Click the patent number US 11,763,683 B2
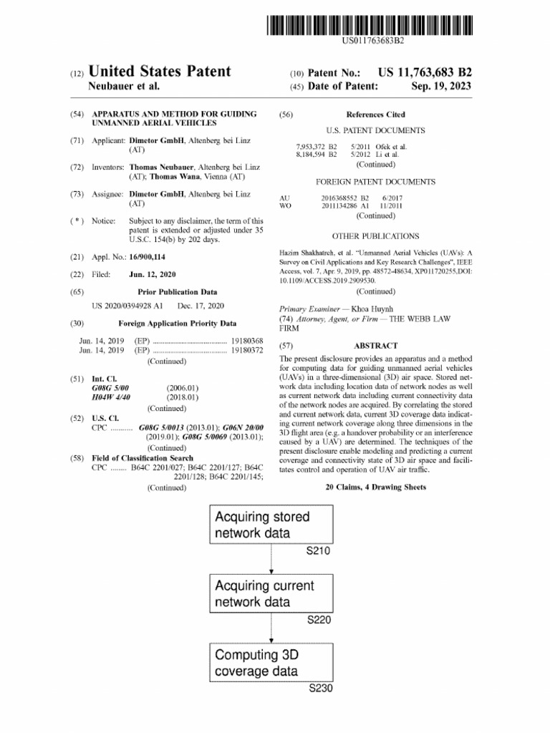[425, 72]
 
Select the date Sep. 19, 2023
[442, 87]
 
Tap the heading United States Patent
[159, 72]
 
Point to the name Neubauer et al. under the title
[123, 87]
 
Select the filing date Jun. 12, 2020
[153, 274]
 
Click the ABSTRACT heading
[375, 345]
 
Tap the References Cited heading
[375, 115]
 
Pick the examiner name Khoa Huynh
[372, 309]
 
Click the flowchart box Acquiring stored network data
[271, 525]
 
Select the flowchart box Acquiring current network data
[271, 593]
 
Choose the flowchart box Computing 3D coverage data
[271, 662]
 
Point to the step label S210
[319, 551]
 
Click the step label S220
[319, 620]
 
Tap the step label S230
[320, 689]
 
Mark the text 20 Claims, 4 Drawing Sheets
[375, 487]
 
